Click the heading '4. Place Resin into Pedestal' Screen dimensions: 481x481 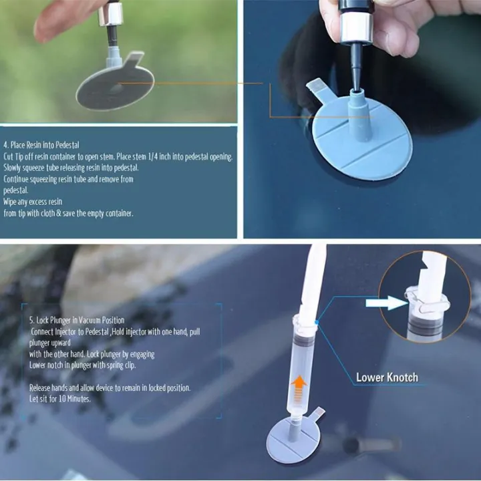(41, 144)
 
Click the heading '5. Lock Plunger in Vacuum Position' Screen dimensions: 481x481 (76, 320)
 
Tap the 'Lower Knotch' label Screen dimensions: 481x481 (387, 377)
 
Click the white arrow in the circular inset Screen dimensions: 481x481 (386, 303)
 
